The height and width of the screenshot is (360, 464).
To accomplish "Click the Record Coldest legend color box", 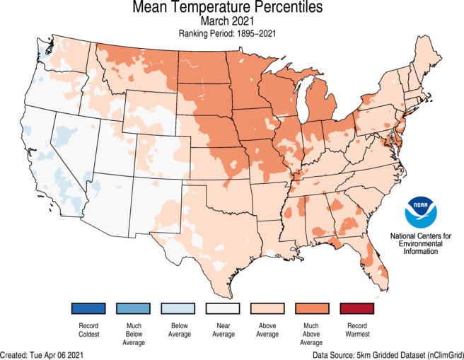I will click(88, 309).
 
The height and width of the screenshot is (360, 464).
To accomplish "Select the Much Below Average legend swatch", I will click(134, 309).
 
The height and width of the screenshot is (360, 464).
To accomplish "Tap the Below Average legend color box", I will click(179, 309).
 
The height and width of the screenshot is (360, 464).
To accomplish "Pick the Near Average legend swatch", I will click(224, 309).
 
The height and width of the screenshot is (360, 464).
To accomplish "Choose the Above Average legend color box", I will click(269, 309).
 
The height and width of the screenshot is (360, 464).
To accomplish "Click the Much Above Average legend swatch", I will click(314, 309).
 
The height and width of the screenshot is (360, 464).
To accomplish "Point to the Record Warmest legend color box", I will click(359, 309).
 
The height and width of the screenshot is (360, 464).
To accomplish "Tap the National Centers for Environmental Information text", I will click(422, 243).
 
